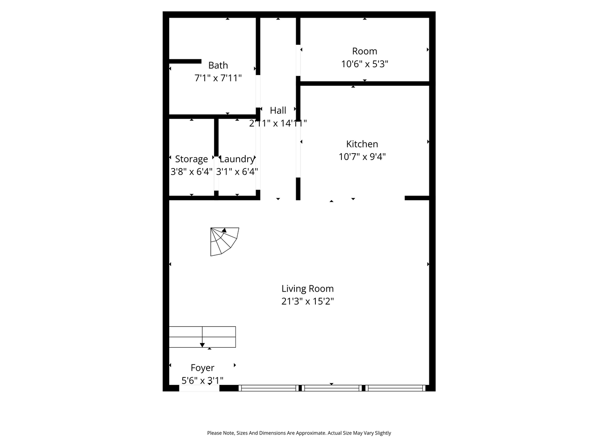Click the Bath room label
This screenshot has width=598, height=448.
click(x=218, y=65)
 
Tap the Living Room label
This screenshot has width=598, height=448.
click(x=307, y=289)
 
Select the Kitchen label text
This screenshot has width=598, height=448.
click(x=362, y=144)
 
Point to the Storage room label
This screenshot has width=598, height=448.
click(x=191, y=159)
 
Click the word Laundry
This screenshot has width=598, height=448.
click(x=237, y=159)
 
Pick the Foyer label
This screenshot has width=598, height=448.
click(x=202, y=368)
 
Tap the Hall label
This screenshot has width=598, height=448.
click(x=278, y=111)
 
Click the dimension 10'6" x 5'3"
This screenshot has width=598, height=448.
click(x=364, y=64)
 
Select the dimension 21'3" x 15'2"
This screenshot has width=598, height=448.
click(x=307, y=301)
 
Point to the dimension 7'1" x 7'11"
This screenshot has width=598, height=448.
click(x=218, y=78)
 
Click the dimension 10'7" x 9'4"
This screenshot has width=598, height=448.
click(x=362, y=157)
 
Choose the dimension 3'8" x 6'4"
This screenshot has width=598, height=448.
click(x=192, y=172)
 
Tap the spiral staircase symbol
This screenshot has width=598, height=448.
click(x=224, y=241)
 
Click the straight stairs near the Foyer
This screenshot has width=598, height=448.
click(x=202, y=337)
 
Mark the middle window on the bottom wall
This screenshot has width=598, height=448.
click(x=332, y=388)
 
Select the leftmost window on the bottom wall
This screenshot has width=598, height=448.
click(x=268, y=388)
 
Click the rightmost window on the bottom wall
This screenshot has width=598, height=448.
click(x=396, y=388)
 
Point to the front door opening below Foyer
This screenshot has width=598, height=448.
click(x=199, y=388)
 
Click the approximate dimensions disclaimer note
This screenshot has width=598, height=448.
click(x=299, y=433)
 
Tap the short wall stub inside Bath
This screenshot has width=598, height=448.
click(x=185, y=61)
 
